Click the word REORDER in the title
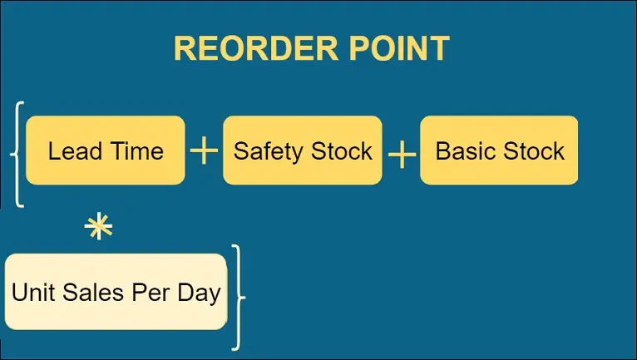click(256, 48)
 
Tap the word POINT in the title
click(399, 48)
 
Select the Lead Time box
click(106, 150)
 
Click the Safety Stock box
click(303, 150)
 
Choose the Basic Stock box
click(499, 150)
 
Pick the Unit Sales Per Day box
click(116, 292)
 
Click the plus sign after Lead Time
click(204, 150)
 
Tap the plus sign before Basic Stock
click(402, 155)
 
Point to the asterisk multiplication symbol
click(99, 226)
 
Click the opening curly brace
click(17, 155)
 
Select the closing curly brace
click(239, 298)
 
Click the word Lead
click(75, 151)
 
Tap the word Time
click(137, 151)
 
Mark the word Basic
click(465, 151)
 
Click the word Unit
click(34, 293)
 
